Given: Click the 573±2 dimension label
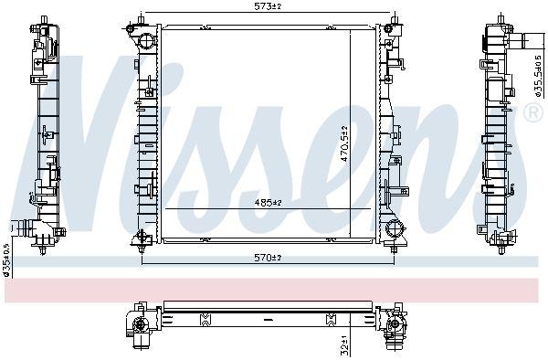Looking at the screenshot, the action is click(268, 6).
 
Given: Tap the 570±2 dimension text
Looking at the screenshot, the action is click(268, 258).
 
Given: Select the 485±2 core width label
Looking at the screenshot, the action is click(268, 202).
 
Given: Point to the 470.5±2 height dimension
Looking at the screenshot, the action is click(344, 143).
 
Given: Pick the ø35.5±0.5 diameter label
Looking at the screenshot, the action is click(538, 76).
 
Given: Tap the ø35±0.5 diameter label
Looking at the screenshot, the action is click(6, 259).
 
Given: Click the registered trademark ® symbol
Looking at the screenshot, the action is click(534, 111).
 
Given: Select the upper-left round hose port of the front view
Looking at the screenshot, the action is click(146, 42).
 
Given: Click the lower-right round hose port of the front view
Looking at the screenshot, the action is click(394, 229).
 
